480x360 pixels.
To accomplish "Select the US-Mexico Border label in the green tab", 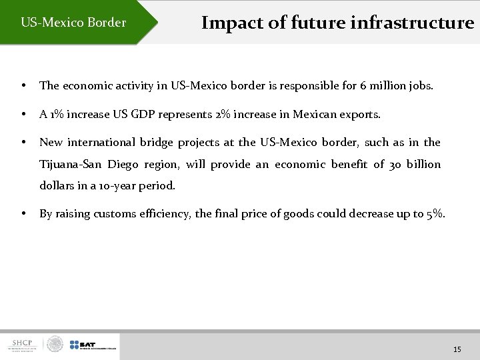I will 73,23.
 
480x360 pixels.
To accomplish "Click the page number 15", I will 457,349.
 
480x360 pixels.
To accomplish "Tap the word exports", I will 361,115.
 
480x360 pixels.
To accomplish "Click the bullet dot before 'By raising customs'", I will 24,214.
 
